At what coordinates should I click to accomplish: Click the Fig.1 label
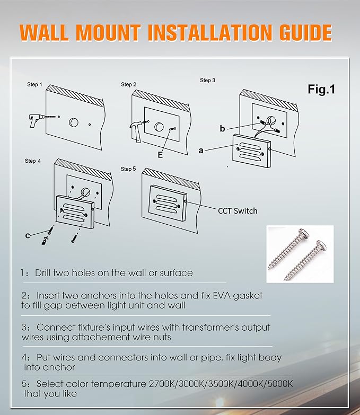(321, 89)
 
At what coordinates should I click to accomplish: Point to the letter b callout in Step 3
(223, 128)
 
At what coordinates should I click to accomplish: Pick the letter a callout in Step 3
(201, 151)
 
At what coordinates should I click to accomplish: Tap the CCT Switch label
(238, 210)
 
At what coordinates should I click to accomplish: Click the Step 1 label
(34, 85)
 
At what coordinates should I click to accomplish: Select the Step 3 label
(207, 81)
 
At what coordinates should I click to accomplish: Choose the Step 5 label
(128, 169)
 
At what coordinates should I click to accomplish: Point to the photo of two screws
(300, 254)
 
